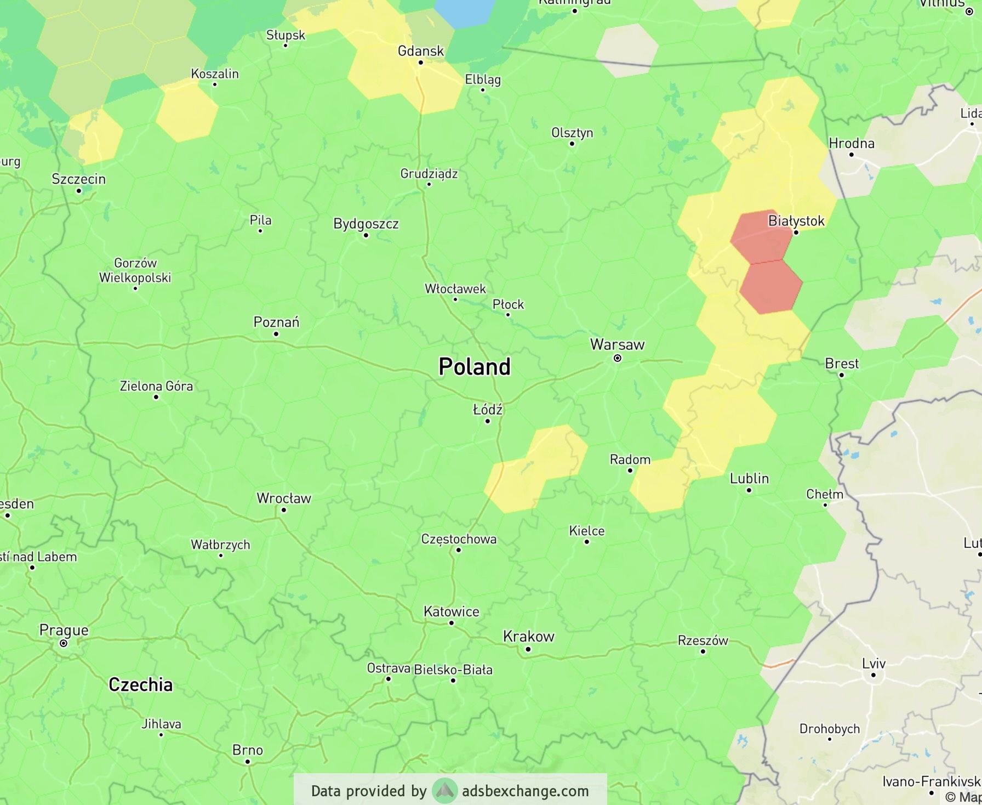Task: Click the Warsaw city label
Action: point(617,345)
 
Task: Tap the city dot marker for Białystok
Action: point(796,233)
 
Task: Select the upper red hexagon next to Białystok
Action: point(761,236)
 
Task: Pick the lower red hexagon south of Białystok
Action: point(771,287)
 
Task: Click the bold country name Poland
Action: point(475,367)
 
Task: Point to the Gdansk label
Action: point(420,51)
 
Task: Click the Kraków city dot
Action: point(528,649)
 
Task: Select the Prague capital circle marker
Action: point(64,643)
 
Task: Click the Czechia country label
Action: point(140,684)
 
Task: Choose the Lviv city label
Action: point(873,664)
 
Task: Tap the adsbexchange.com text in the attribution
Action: point(525,791)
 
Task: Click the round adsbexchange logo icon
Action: point(444,791)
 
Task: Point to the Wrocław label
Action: point(284,498)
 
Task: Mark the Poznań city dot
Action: point(276,334)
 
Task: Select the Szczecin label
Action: point(78,179)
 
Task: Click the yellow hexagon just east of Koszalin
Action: point(187,113)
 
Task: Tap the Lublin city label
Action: point(749,479)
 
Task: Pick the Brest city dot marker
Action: point(842,375)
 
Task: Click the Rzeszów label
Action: point(703,640)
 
